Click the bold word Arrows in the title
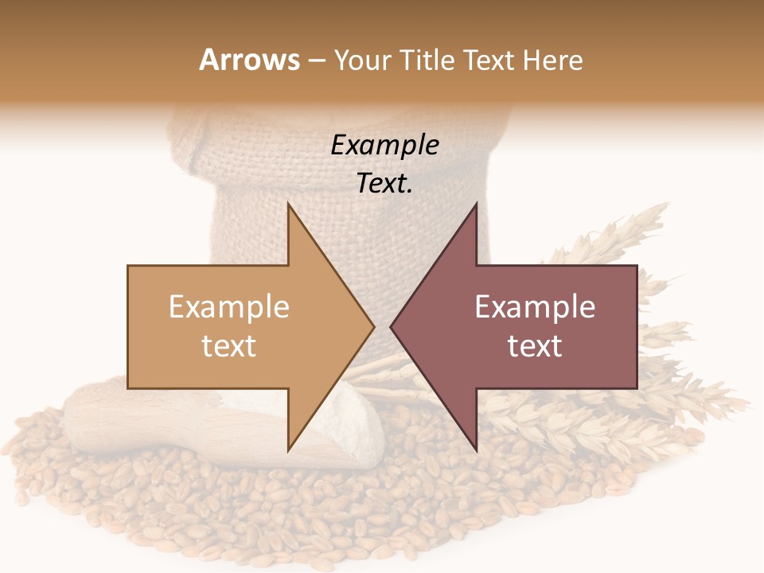(250, 60)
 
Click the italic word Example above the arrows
(384, 145)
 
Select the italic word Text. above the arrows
(384, 184)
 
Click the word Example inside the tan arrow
(228, 306)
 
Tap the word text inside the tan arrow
(228, 345)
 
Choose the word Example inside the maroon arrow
(535, 306)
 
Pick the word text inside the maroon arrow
(535, 345)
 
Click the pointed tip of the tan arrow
(372, 326)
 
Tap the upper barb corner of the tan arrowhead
(288, 205)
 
